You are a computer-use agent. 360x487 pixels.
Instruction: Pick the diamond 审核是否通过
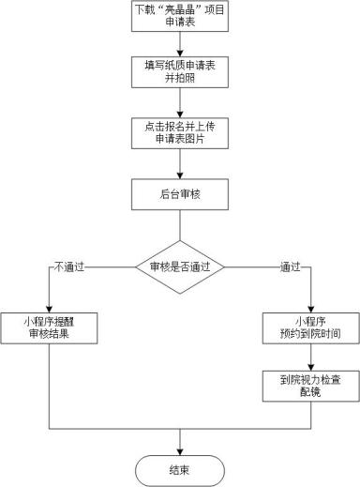(179, 267)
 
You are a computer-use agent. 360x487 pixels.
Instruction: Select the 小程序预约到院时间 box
(309, 327)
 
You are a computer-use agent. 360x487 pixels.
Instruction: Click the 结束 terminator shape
(179, 468)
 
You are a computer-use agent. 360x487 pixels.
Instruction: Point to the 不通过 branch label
(68, 266)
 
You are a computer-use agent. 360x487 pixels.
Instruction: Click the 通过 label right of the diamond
(290, 266)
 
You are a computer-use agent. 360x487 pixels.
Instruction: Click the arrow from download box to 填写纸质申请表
(179, 47)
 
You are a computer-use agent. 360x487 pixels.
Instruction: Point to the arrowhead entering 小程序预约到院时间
(309, 305)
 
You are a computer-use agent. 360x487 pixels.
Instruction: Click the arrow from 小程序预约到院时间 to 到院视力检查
(309, 358)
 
